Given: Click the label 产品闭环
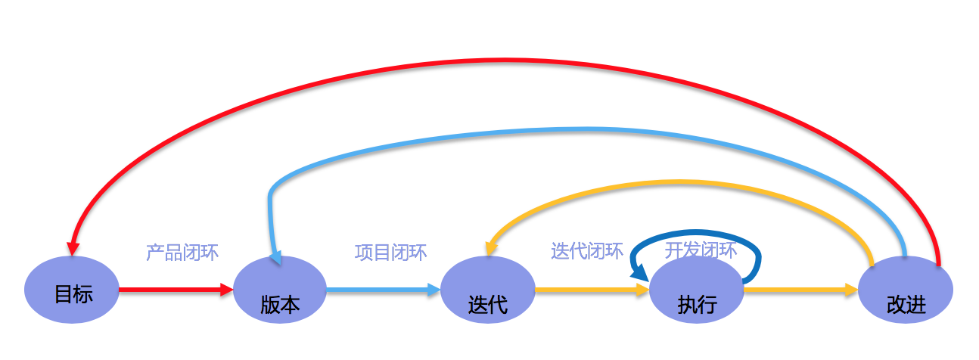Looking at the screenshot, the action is [182, 253].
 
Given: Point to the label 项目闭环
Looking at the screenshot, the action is [390, 252].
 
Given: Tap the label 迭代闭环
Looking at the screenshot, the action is [587, 251].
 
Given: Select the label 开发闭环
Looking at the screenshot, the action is [701, 250].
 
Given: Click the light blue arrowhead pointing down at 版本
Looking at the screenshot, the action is [275, 257].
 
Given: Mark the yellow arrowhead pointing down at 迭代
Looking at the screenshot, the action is [490, 247].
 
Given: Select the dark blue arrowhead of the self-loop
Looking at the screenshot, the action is [639, 271].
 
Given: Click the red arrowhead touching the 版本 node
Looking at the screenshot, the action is [226, 289].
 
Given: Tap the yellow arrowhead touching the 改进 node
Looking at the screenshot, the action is [851, 289].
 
